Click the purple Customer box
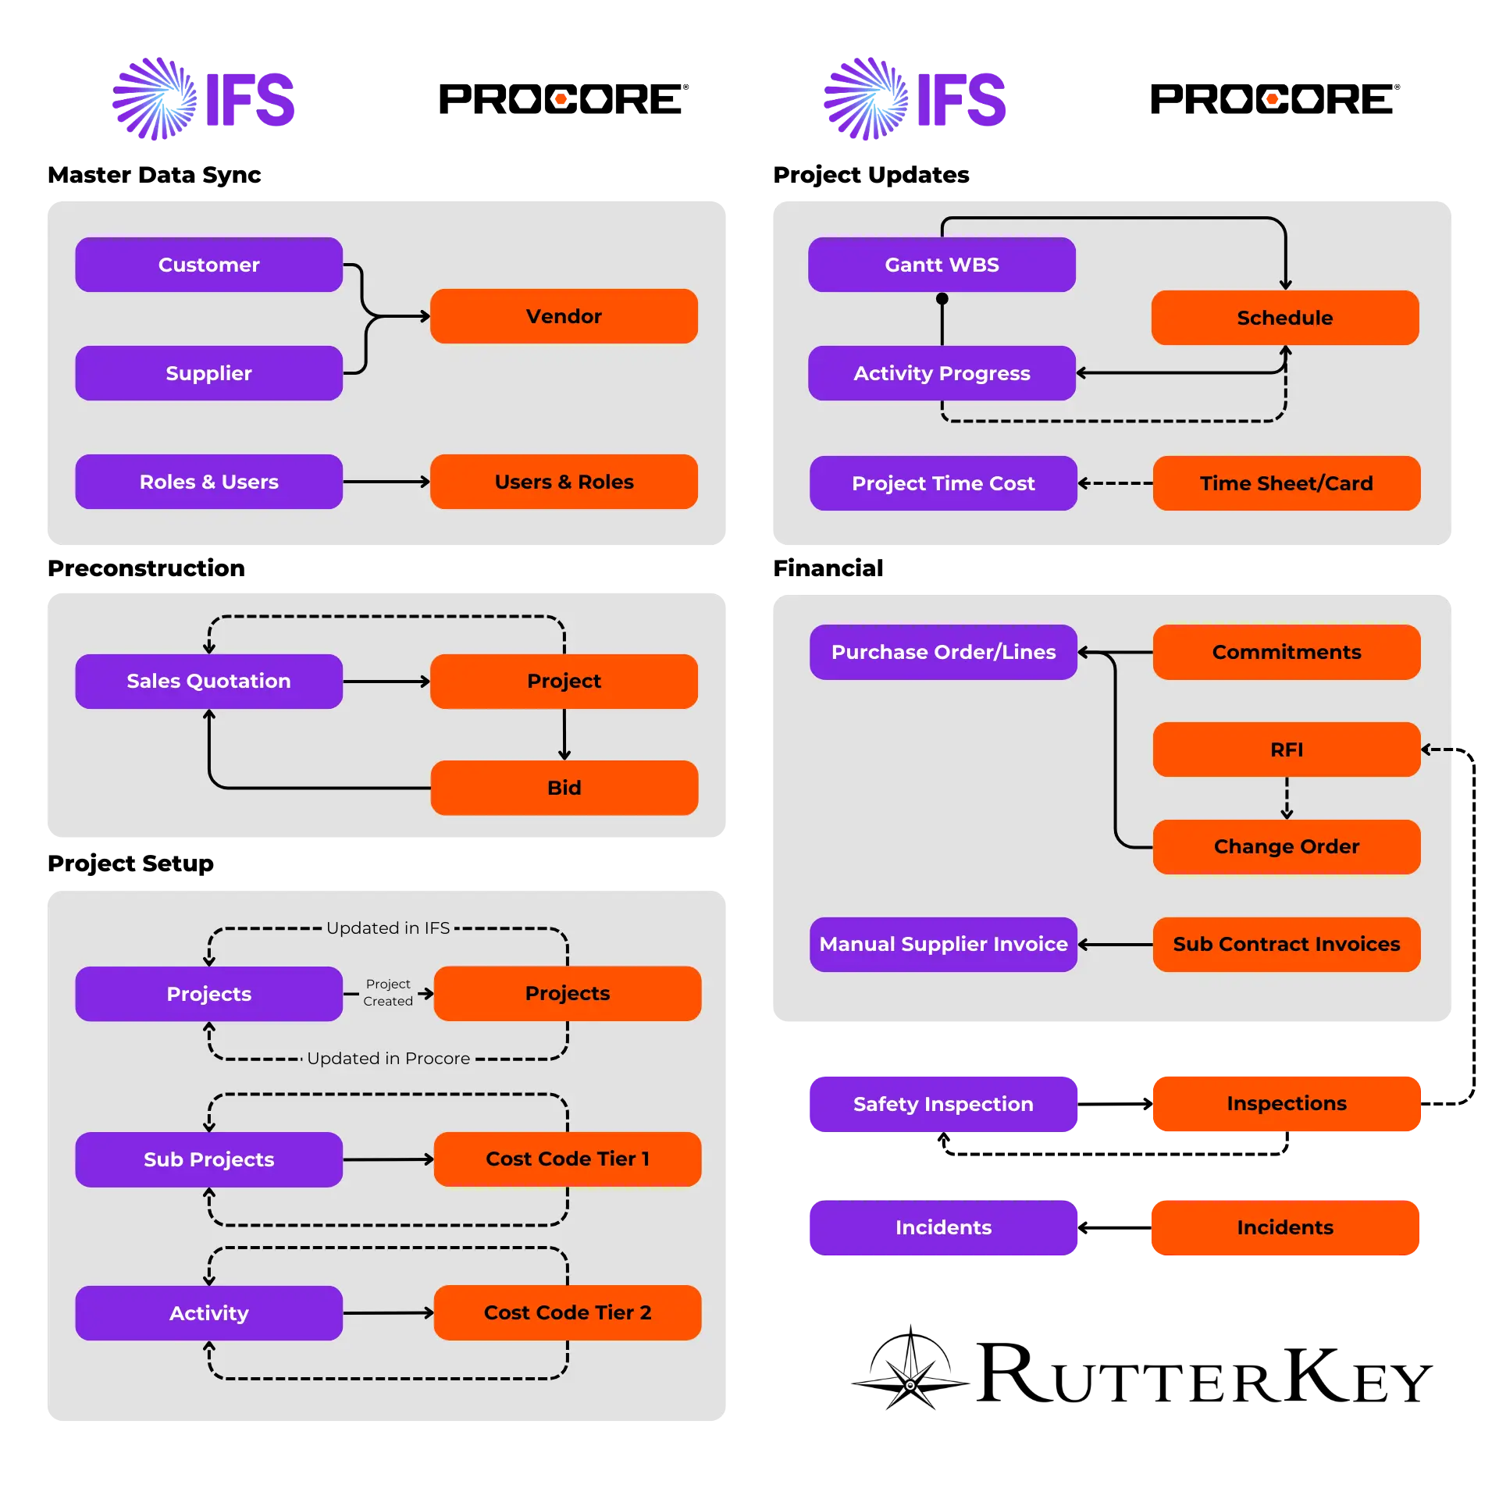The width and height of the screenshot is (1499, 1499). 208,265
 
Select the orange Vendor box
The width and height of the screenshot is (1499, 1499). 564,316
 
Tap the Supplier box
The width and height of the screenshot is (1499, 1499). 208,373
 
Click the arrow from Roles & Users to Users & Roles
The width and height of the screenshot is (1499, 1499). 386,482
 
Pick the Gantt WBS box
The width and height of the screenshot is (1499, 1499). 942,265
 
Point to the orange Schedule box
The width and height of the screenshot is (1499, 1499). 1284,318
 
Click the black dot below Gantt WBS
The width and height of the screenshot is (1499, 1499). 942,299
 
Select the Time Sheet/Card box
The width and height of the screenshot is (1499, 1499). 1286,483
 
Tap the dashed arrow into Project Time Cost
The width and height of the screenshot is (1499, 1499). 1115,483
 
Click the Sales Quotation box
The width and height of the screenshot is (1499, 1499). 208,681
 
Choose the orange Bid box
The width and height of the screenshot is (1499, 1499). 564,788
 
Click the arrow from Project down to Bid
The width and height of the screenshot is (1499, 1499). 564,735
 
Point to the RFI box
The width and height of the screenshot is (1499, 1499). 1286,749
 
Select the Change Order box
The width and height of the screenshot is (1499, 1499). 1286,846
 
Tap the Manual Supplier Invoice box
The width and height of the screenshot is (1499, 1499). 943,944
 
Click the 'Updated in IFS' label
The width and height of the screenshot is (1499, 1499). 388,928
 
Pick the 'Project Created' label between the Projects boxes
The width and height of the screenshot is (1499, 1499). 388,993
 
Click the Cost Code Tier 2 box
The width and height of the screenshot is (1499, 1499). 567,1312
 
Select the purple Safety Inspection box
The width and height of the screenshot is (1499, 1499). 943,1104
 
